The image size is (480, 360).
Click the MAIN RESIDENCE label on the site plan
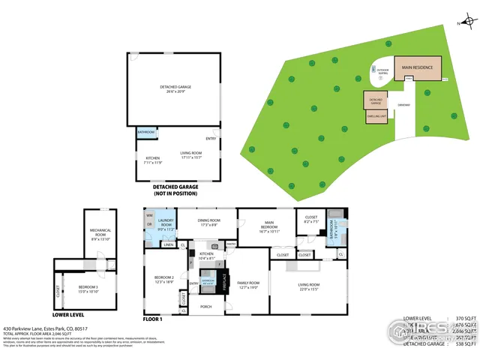click(418, 68)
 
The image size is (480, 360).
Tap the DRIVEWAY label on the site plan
click(403, 105)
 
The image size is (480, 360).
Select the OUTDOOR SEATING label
click(382, 72)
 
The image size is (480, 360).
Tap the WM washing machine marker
click(149, 215)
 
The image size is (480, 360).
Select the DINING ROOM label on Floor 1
click(208, 222)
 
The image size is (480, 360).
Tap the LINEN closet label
click(169, 245)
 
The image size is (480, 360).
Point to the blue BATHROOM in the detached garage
click(146, 133)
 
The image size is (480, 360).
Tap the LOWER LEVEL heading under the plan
click(68, 263)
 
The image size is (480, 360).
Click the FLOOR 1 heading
click(153, 319)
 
